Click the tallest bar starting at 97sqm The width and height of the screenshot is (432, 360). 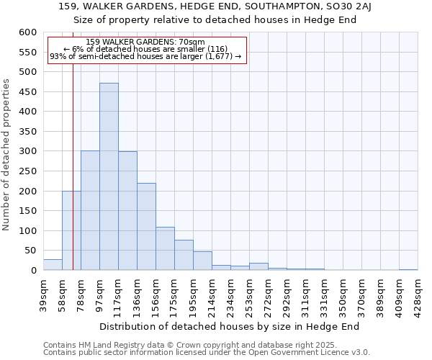[109, 176]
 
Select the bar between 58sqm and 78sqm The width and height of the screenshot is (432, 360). [71, 230]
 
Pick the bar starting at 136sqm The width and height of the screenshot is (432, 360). [146, 227]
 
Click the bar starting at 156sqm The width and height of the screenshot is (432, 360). [165, 248]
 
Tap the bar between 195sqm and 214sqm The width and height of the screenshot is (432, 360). [202, 261]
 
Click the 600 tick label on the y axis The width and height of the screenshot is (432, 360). [27, 32]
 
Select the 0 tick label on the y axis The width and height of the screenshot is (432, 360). [33, 271]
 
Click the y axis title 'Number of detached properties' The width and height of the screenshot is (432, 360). [6, 155]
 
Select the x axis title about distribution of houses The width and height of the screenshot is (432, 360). [229, 326]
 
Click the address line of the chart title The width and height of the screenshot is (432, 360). [215, 6]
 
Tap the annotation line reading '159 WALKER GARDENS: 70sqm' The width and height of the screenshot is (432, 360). [145, 42]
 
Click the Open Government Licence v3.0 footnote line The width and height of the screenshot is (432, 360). [207, 353]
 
